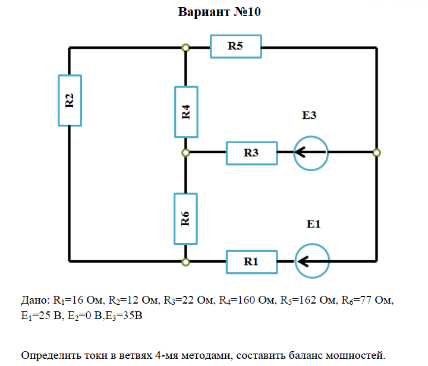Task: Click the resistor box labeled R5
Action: (236, 46)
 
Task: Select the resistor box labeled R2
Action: (70, 100)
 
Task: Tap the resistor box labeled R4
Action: (186, 112)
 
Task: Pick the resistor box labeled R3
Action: (251, 153)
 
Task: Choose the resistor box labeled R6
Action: (185, 219)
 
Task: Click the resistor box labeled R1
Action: (251, 262)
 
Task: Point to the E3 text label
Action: (309, 115)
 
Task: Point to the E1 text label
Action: (313, 224)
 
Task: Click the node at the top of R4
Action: (185, 48)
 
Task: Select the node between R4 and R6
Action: (185, 153)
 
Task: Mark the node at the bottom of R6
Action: (185, 262)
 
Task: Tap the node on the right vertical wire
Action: (376, 153)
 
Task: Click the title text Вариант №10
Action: (219, 12)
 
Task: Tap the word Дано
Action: (34, 300)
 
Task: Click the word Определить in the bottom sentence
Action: (51, 355)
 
